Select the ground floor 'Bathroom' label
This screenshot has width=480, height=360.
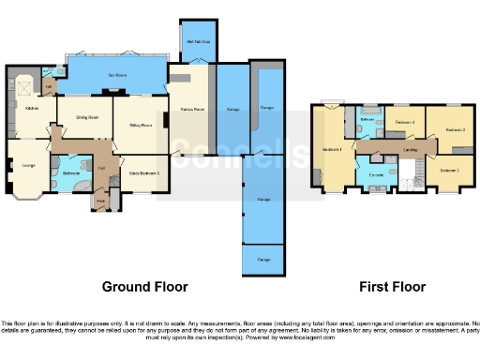pos(70,173)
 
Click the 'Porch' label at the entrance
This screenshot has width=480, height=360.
pos(100,200)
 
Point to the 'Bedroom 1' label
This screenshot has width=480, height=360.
pos(331,149)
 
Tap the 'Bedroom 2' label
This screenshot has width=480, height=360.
pos(455,129)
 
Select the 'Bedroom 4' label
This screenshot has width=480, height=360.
pos(404,123)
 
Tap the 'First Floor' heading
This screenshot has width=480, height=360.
pos(393,287)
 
